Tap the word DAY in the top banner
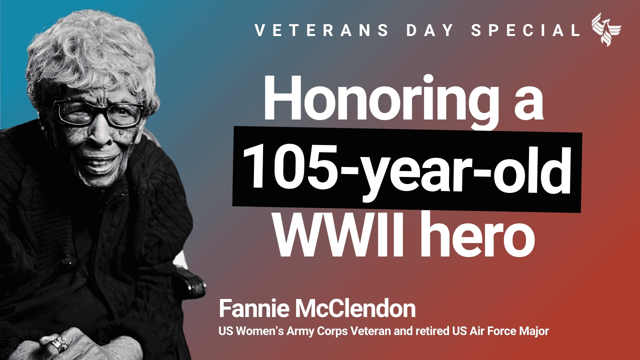[x=429, y=30]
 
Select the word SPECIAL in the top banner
[x=525, y=30]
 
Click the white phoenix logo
[x=605, y=29]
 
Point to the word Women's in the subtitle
[x=259, y=331]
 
